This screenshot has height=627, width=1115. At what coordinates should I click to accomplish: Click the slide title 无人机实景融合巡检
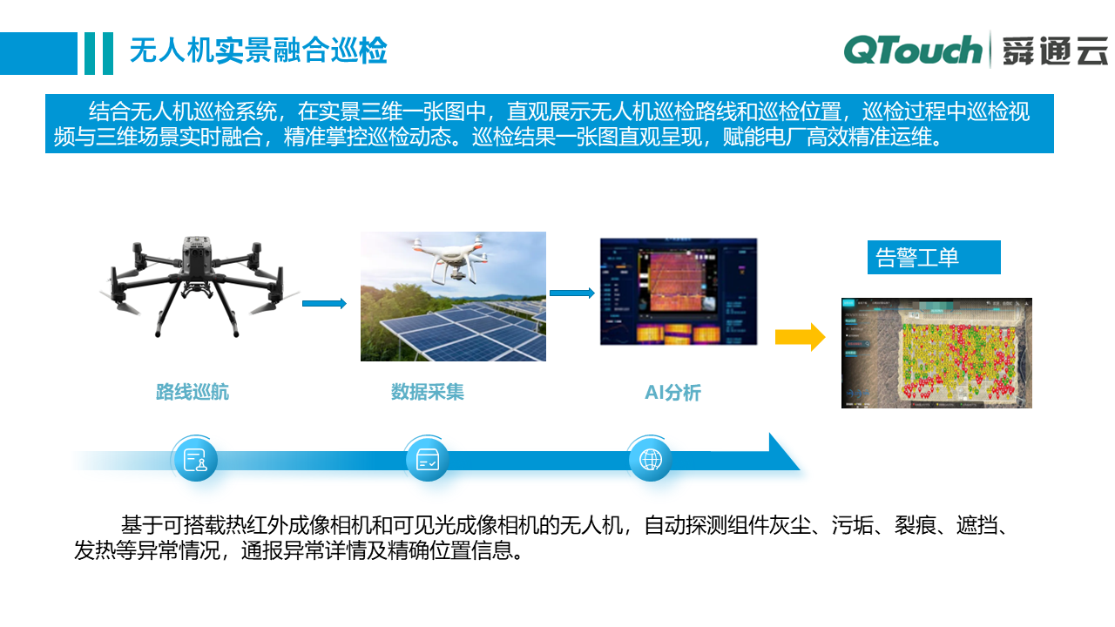[x=258, y=51]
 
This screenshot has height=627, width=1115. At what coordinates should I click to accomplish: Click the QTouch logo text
[x=913, y=50]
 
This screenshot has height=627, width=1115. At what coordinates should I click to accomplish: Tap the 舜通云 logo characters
[x=1054, y=51]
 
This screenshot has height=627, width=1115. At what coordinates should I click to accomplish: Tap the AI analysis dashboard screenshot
[x=679, y=292]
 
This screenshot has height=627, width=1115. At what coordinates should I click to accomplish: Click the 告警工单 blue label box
[x=933, y=258]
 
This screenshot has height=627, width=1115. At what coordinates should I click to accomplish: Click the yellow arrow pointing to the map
[x=800, y=337]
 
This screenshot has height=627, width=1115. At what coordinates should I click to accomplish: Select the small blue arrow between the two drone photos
[x=324, y=303]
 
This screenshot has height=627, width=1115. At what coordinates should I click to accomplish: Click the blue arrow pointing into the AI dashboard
[x=572, y=293]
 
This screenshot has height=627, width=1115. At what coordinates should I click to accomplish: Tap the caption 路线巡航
[x=193, y=392]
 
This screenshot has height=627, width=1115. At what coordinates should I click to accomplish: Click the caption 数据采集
[x=428, y=392]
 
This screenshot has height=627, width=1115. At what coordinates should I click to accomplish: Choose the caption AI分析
[x=672, y=393]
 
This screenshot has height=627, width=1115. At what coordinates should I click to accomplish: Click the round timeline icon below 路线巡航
[x=195, y=459]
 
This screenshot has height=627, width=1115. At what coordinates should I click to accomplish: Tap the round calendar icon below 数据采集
[x=427, y=459]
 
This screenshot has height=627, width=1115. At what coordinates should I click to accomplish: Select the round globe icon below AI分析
[x=650, y=459]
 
